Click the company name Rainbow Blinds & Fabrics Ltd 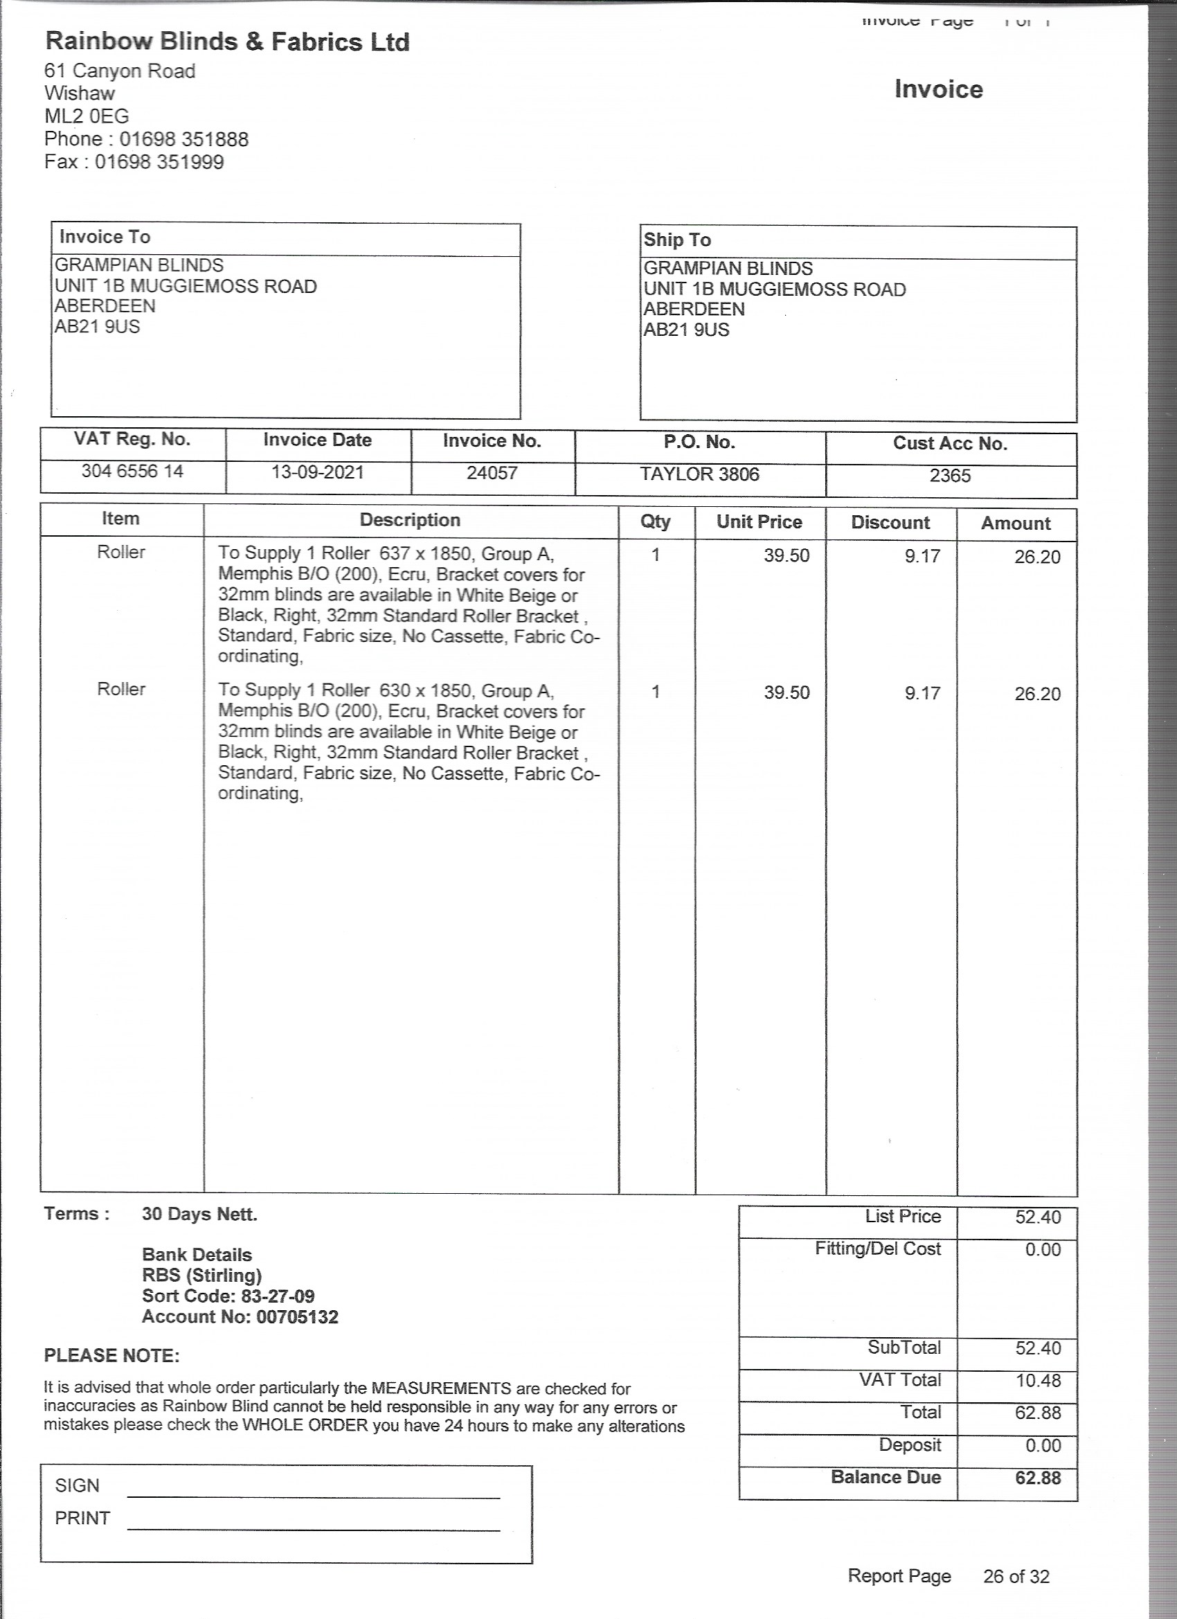pyautogui.click(x=227, y=42)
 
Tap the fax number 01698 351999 pyautogui.click(x=159, y=162)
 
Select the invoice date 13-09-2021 pyautogui.click(x=318, y=472)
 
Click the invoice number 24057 pyautogui.click(x=492, y=473)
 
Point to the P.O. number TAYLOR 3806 pyautogui.click(x=699, y=475)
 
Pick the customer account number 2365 pyautogui.click(x=950, y=476)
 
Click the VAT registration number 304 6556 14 pyautogui.click(x=132, y=471)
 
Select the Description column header pyautogui.click(x=410, y=521)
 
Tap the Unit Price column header pyautogui.click(x=760, y=523)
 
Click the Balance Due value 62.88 pyautogui.click(x=1038, y=1478)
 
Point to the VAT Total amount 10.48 pyautogui.click(x=1038, y=1381)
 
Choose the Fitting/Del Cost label pyautogui.click(x=878, y=1249)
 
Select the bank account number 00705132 pyautogui.click(x=297, y=1317)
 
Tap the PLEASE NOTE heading pyautogui.click(x=112, y=1357)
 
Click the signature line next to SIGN pyautogui.click(x=314, y=1496)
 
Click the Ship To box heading pyautogui.click(x=677, y=240)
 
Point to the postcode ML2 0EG pyautogui.click(x=87, y=116)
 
